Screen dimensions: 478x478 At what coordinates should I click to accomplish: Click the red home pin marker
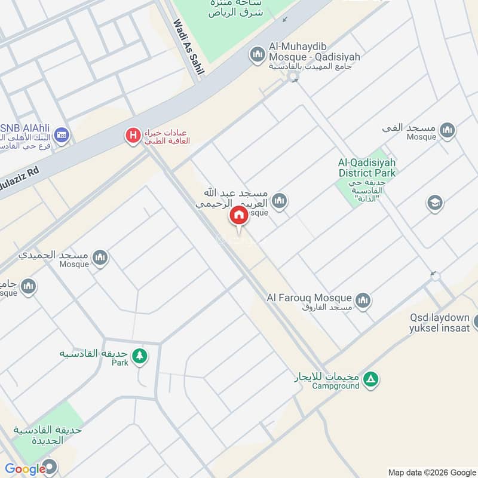tap(239, 216)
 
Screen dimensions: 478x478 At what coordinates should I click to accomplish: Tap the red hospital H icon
tap(133, 136)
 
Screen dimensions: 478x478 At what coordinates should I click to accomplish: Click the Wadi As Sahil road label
tap(188, 47)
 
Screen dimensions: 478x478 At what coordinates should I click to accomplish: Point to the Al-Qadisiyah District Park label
tap(367, 168)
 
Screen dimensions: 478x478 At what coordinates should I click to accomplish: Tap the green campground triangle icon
tap(372, 379)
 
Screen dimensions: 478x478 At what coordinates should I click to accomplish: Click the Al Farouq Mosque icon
tap(363, 300)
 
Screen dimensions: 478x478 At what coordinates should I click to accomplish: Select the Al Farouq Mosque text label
tap(310, 298)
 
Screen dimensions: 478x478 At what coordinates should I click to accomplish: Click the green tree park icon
tap(140, 356)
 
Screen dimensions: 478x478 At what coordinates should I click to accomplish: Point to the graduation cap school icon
tap(434, 203)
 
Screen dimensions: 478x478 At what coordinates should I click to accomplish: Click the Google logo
tap(25, 469)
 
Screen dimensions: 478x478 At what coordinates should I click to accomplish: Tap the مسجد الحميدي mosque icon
tap(100, 258)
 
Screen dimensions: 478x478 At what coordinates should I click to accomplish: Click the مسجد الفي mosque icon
tap(446, 130)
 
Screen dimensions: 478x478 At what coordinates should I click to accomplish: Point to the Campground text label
tap(336, 386)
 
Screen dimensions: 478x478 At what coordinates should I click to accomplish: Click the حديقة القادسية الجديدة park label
tap(39, 435)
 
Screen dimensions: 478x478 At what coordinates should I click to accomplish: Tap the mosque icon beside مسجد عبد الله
tap(280, 201)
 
